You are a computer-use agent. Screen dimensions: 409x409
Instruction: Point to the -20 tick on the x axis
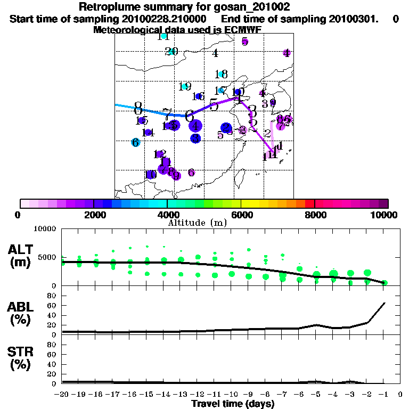62,395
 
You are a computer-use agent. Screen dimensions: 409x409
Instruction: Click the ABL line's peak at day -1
385,303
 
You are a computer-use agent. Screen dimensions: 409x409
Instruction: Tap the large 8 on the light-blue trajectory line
138,106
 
